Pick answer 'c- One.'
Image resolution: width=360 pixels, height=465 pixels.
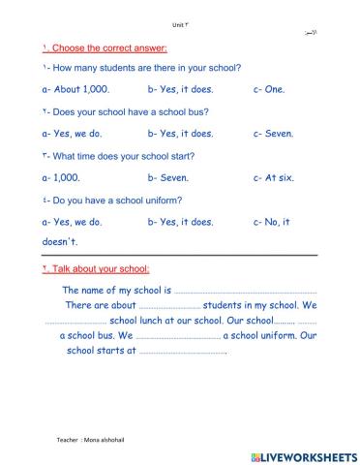[x=269, y=89]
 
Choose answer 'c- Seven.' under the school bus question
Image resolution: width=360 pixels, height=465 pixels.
[x=273, y=134]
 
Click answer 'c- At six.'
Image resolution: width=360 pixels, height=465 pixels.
[x=274, y=178]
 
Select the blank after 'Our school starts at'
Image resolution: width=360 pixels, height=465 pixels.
[x=183, y=353]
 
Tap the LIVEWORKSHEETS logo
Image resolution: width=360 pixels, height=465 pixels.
[x=303, y=454]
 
